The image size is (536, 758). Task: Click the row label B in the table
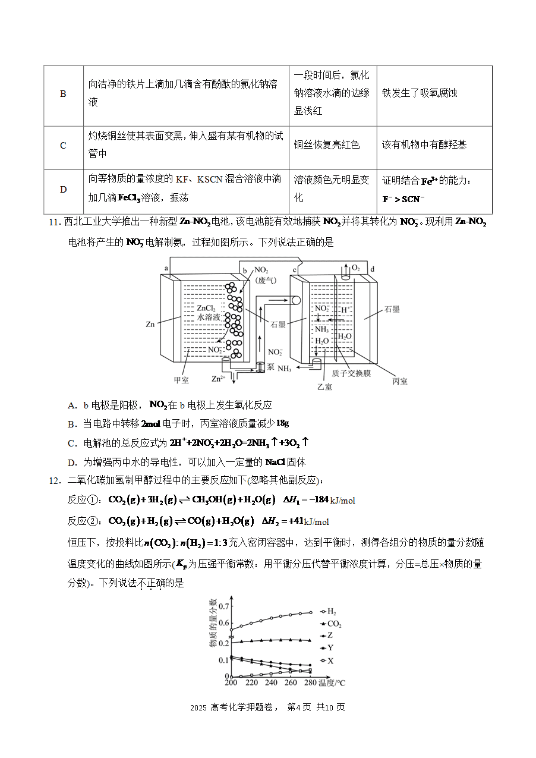coord(63,94)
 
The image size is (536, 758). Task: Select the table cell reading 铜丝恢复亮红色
coord(327,144)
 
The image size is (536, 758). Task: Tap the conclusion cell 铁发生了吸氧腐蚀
coord(420,93)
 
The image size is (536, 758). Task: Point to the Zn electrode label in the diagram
coord(150,324)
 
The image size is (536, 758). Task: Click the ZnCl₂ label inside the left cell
coord(206,308)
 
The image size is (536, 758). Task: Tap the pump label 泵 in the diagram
coord(270,367)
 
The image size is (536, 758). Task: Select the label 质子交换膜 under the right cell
coord(351,373)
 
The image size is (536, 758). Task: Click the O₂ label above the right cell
coord(356,268)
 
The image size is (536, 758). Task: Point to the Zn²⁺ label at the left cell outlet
coord(218,379)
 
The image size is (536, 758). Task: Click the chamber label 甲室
coord(181,380)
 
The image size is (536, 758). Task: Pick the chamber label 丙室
coord(400,381)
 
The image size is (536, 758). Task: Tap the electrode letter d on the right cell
coord(373,269)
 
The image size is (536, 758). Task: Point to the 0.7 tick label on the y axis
coord(223,606)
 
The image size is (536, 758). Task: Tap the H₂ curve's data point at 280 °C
coord(311,612)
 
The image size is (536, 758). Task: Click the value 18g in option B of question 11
coord(282,423)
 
